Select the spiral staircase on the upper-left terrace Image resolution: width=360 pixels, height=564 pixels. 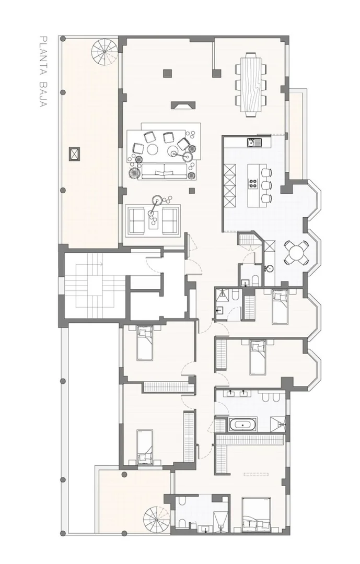[x=104, y=52]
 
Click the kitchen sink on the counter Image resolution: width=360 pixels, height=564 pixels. [x=255, y=143]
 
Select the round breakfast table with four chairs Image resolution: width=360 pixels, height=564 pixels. [x=296, y=253]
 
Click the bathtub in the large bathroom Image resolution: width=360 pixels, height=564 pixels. [x=243, y=425]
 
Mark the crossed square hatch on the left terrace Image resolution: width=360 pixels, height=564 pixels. [x=75, y=154]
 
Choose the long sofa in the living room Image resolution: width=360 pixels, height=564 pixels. [x=164, y=172]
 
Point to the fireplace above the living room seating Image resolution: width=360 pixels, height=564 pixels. [x=183, y=105]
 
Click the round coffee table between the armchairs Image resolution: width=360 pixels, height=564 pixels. [x=152, y=149]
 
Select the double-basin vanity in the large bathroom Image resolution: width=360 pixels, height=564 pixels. [x=236, y=393]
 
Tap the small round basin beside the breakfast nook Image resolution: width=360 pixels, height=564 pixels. [x=269, y=268]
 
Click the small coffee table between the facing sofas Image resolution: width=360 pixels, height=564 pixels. [x=154, y=220]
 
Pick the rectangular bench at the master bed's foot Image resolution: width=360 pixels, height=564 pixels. [x=256, y=474]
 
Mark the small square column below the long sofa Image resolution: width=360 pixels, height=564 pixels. [x=192, y=191]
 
